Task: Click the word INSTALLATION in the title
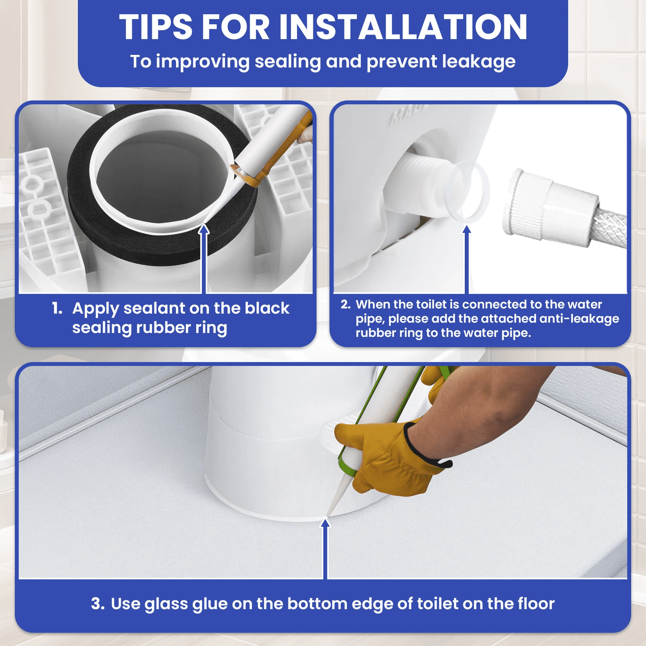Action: [x=403, y=27]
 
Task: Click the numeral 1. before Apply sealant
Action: [x=57, y=308]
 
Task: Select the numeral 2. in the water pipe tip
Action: [x=346, y=304]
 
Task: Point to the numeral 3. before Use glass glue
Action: [x=98, y=604]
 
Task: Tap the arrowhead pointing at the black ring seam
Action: [x=204, y=229]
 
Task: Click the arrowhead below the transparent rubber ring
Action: [x=467, y=230]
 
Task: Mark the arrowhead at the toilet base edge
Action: [x=325, y=523]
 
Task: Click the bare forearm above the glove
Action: [x=484, y=408]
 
